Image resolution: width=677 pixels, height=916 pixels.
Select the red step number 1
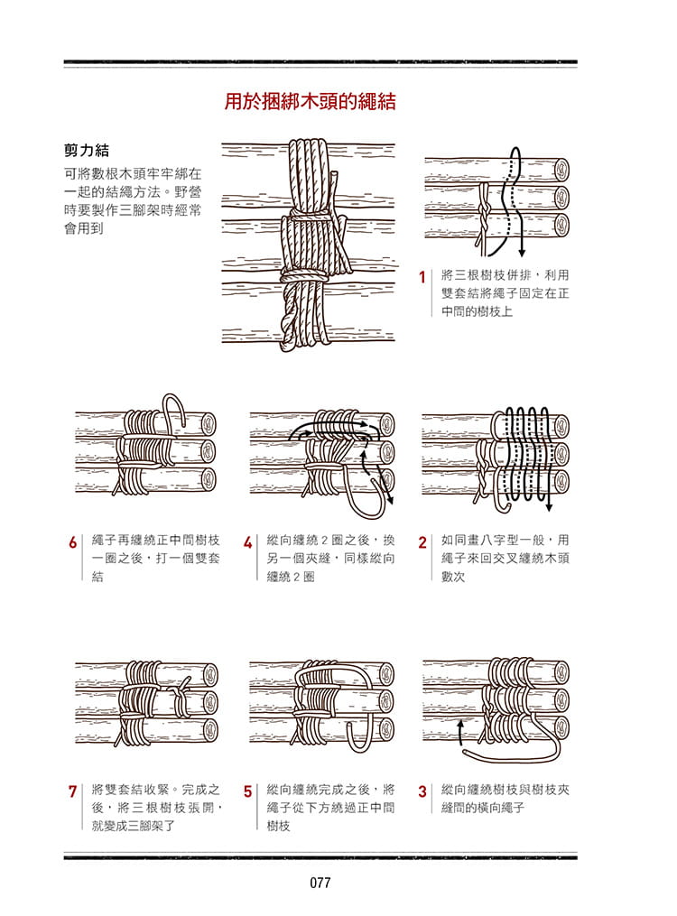click(422, 278)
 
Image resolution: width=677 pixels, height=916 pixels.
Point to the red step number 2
click(422, 543)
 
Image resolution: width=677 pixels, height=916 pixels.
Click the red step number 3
click(422, 792)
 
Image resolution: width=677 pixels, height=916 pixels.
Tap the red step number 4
click(247, 543)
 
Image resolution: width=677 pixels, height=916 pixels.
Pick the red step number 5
click(247, 792)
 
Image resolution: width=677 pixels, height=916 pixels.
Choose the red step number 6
click(72, 543)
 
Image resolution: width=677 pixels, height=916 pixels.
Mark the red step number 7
click(72, 792)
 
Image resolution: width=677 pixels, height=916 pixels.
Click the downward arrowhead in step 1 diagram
click(522, 253)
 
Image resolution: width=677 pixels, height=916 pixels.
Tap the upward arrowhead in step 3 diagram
click(461, 725)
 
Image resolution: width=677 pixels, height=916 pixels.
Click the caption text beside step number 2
click(505, 558)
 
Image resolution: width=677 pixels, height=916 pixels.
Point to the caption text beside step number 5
click(330, 807)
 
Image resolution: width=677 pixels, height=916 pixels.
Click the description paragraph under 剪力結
click(132, 199)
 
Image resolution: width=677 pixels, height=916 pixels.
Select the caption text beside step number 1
click(505, 292)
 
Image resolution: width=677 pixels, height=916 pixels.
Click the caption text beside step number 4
click(330, 558)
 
